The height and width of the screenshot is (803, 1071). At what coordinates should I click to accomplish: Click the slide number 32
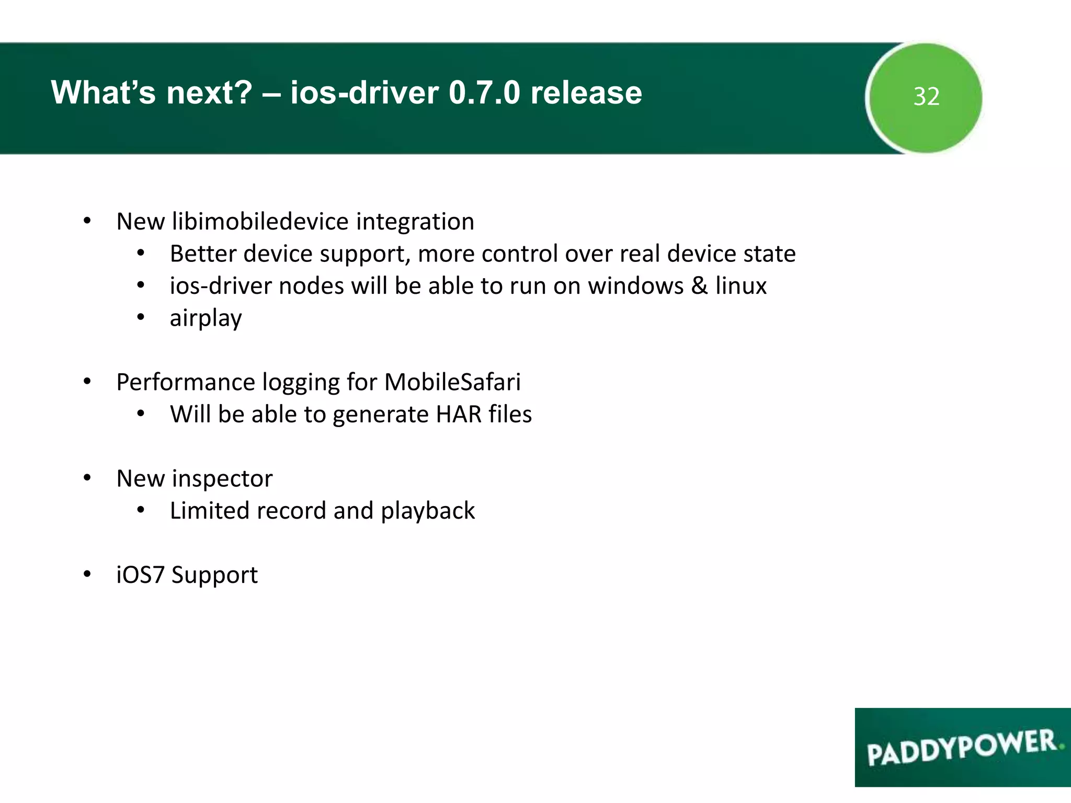tap(926, 97)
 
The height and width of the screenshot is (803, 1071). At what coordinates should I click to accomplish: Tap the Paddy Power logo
tap(962, 747)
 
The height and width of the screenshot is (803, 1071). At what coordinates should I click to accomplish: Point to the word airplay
tap(206, 318)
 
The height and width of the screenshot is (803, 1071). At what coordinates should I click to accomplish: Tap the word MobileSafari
tap(452, 382)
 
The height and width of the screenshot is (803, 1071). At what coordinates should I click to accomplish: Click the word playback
tap(428, 511)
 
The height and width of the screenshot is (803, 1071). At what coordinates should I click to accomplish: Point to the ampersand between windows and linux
tap(699, 286)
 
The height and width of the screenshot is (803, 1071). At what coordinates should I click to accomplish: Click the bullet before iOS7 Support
tap(87, 575)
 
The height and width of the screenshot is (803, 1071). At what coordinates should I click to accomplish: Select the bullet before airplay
tap(140, 317)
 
